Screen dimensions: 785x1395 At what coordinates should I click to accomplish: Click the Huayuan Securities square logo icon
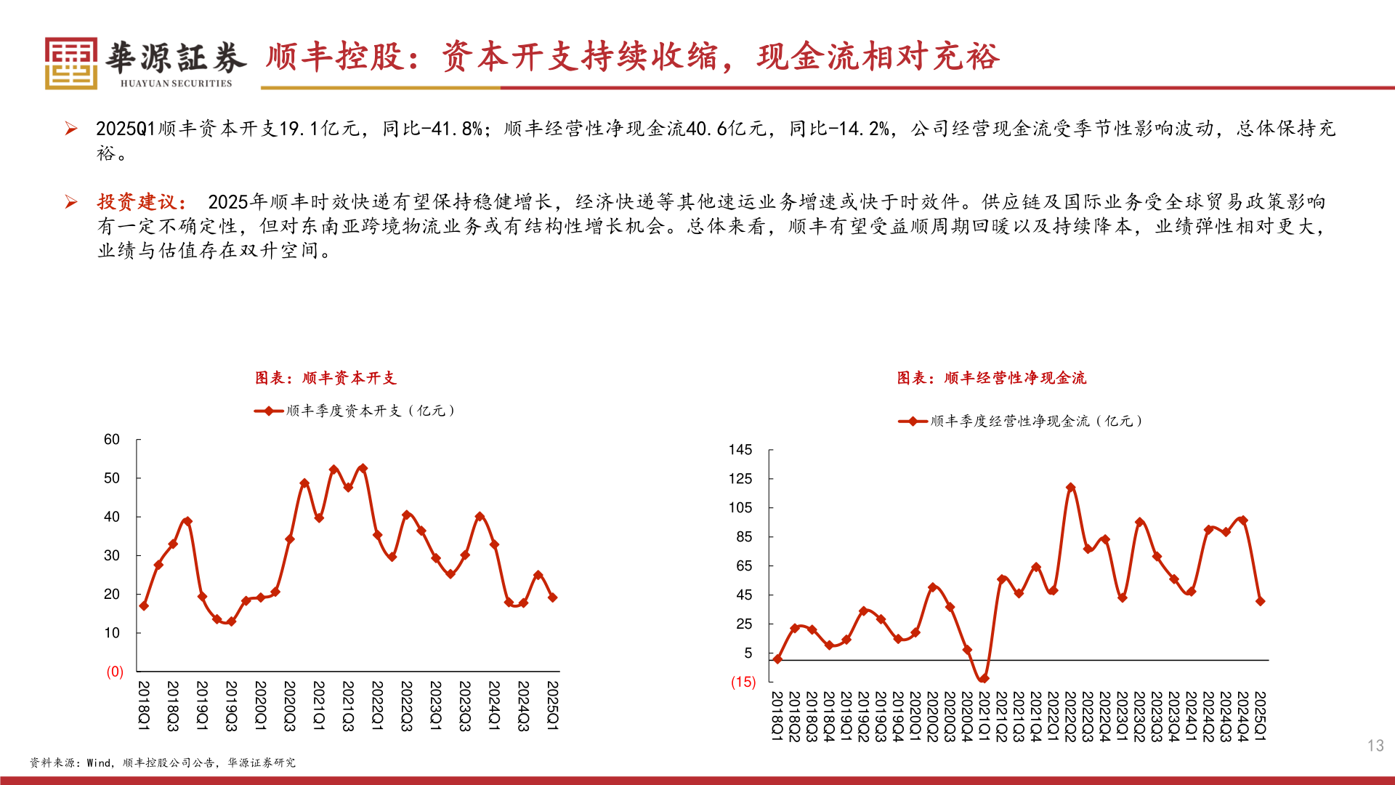pyautogui.click(x=71, y=63)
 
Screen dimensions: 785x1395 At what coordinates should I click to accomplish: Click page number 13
pyautogui.click(x=1375, y=746)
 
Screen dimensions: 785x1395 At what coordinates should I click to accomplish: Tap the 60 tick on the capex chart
pyautogui.click(x=112, y=440)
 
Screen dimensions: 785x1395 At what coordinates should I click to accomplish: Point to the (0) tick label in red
pyautogui.click(x=115, y=672)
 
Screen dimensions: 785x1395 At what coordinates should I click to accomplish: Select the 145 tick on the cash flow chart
pyautogui.click(x=740, y=450)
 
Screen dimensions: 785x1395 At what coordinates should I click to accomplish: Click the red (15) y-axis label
pyautogui.click(x=743, y=682)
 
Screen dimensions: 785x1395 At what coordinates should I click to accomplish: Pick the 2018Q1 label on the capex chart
pyautogui.click(x=144, y=706)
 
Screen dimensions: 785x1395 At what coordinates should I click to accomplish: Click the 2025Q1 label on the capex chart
pyautogui.click(x=552, y=706)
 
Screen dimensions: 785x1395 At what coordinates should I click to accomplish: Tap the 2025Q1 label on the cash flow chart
pyautogui.click(x=1260, y=716)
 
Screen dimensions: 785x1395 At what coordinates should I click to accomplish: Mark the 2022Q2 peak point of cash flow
pyautogui.click(x=1070, y=488)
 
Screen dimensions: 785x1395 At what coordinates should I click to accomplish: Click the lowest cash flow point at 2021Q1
pyautogui.click(x=984, y=679)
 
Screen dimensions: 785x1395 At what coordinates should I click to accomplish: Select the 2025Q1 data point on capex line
pyautogui.click(x=552, y=597)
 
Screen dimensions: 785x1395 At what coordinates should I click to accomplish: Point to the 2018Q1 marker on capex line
pyautogui.click(x=144, y=605)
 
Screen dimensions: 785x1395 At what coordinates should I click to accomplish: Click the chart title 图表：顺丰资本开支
pyautogui.click(x=325, y=378)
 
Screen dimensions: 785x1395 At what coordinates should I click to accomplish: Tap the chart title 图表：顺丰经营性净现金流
pyautogui.click(x=991, y=378)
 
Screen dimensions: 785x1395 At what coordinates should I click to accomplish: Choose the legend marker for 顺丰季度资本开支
pyautogui.click(x=269, y=411)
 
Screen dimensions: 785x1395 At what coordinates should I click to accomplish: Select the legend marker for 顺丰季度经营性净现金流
pyautogui.click(x=913, y=422)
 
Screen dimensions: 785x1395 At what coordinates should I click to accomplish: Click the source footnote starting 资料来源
pyautogui.click(x=162, y=762)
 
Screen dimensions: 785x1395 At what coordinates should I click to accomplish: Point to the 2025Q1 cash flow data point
pyautogui.click(x=1260, y=601)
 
